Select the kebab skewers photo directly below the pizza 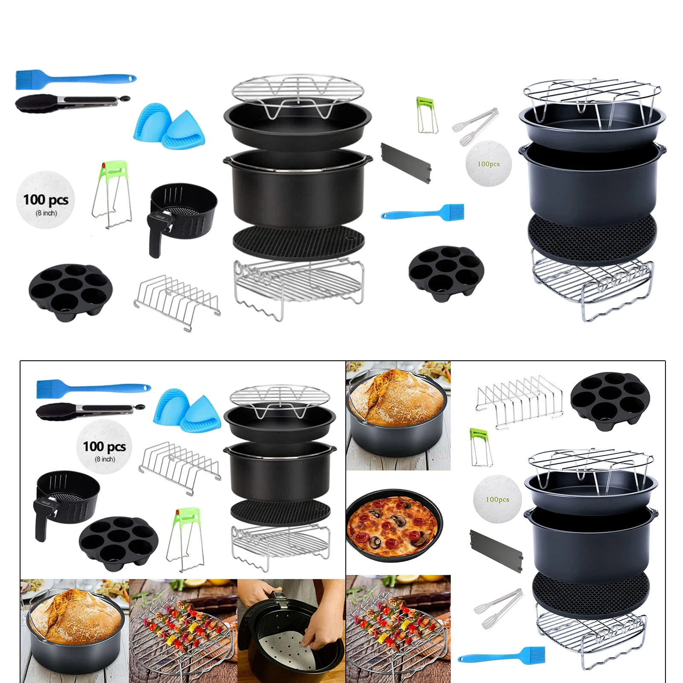[x=398, y=628]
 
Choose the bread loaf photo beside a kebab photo [x=75, y=628]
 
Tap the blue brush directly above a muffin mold [x=423, y=213]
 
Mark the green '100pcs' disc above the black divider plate [x=497, y=499]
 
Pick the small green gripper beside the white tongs [x=426, y=115]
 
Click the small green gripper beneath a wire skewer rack [x=480, y=447]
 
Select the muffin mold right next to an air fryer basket [x=118, y=543]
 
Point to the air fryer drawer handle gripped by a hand [x=275, y=597]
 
